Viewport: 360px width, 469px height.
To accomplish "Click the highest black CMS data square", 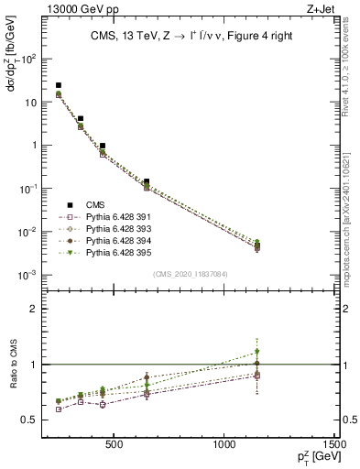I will (x=59, y=85).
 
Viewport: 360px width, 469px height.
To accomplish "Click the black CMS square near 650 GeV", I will (x=147, y=182).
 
